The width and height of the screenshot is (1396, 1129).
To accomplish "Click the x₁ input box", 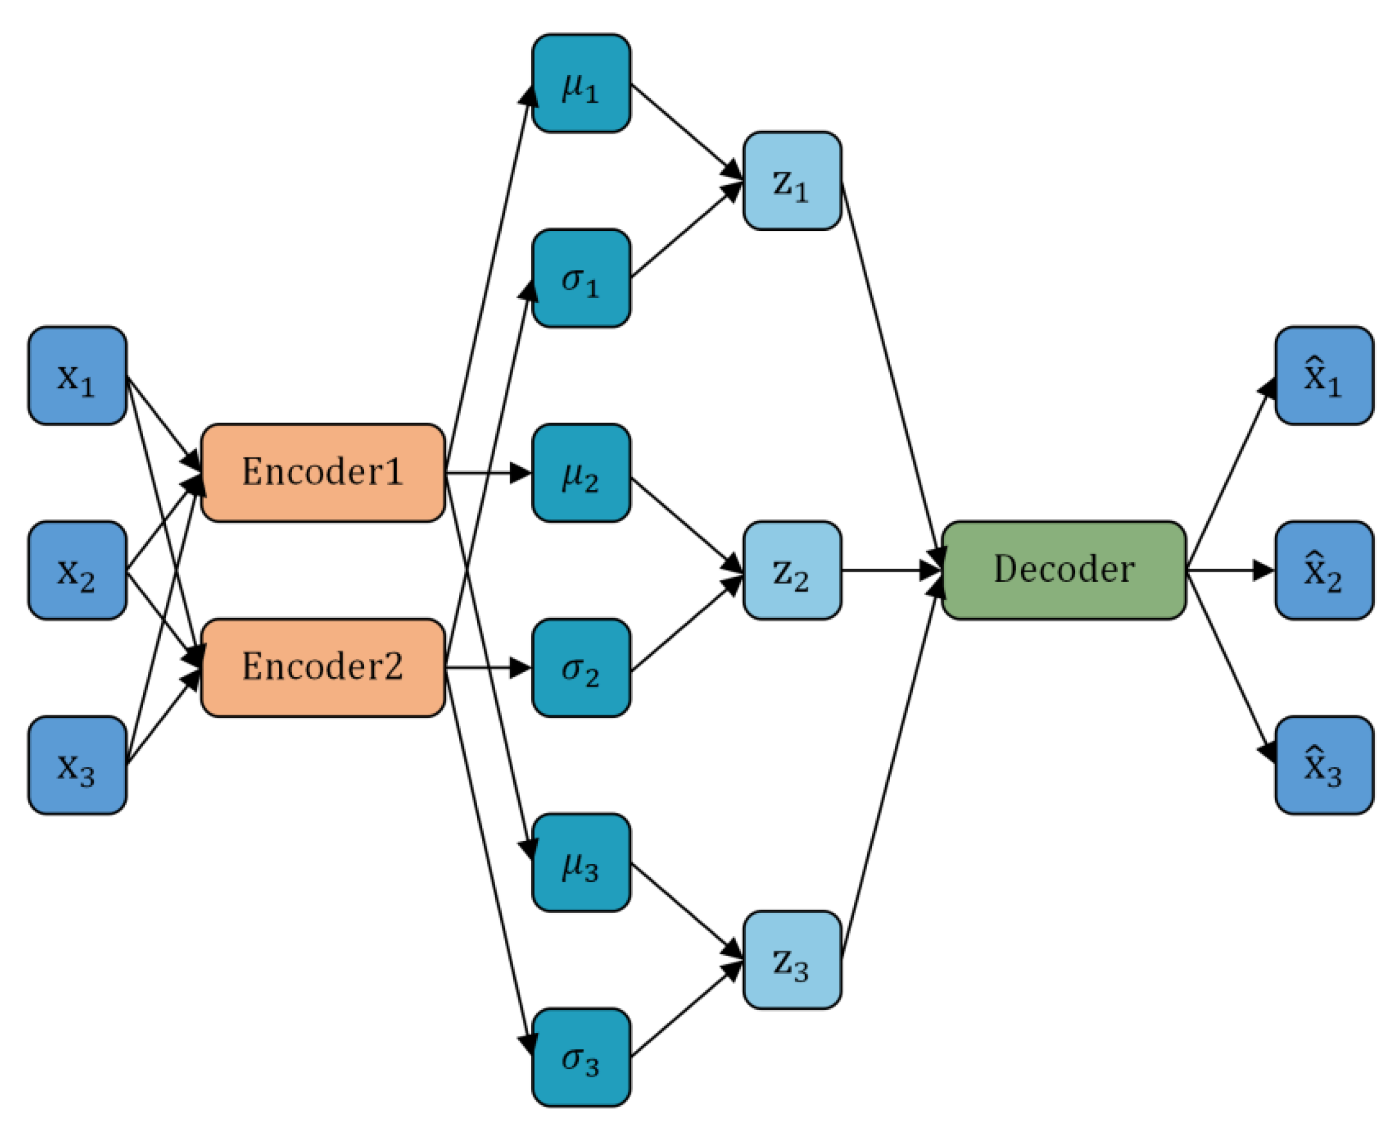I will (77, 376).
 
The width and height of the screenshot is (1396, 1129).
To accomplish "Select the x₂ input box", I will (77, 571).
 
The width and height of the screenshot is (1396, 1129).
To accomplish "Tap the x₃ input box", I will (77, 765).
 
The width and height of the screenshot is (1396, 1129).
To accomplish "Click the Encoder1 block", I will (323, 473).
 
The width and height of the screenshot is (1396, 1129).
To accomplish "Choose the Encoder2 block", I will (323, 668).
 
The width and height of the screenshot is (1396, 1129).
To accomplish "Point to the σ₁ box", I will (581, 278).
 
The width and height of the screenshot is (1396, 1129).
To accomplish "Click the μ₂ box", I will (581, 473).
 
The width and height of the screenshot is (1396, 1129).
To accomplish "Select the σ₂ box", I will (581, 668).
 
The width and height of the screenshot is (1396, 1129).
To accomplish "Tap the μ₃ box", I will (581, 862).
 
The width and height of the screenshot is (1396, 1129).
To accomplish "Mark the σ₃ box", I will (581, 1057).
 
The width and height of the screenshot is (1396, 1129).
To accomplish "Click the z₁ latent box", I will (791, 181).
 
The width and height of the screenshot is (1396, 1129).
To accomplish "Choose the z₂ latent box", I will (791, 571).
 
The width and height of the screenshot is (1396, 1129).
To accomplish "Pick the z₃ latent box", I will (791, 960).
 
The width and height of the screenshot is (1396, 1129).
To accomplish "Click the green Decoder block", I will (1064, 571).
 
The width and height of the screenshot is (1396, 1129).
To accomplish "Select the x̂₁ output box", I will (1324, 376).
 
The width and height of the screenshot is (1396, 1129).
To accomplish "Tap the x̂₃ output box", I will (1324, 765).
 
